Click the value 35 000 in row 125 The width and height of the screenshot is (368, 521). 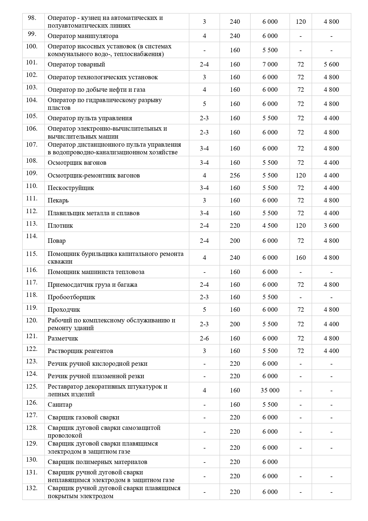click(270, 390)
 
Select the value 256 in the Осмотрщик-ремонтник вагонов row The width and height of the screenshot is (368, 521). click(235, 175)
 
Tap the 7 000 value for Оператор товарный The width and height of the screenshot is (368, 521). click(270, 64)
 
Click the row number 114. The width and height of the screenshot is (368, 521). click(31, 236)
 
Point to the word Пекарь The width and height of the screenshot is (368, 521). click(58, 200)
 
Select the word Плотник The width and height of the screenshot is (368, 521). click(60, 226)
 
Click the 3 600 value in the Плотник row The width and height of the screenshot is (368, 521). click(331, 226)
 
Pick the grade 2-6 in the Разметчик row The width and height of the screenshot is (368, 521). click(204, 338)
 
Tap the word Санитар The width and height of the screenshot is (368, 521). click(60, 405)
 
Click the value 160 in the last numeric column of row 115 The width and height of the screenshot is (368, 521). click(300, 257)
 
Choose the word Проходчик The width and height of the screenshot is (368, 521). click(64, 310)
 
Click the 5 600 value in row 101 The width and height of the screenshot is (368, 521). click(331, 64)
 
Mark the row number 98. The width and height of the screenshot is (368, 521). click(32, 18)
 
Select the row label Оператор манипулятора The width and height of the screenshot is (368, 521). click(83, 36)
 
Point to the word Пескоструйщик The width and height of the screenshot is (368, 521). click(71, 188)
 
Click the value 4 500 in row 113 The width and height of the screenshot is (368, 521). click(270, 226)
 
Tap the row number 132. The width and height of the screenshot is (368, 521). click(31, 488)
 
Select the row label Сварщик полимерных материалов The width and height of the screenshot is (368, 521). click(97, 462)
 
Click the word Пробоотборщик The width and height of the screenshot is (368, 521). click(71, 297)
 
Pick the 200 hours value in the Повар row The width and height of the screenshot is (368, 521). click(235, 241)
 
